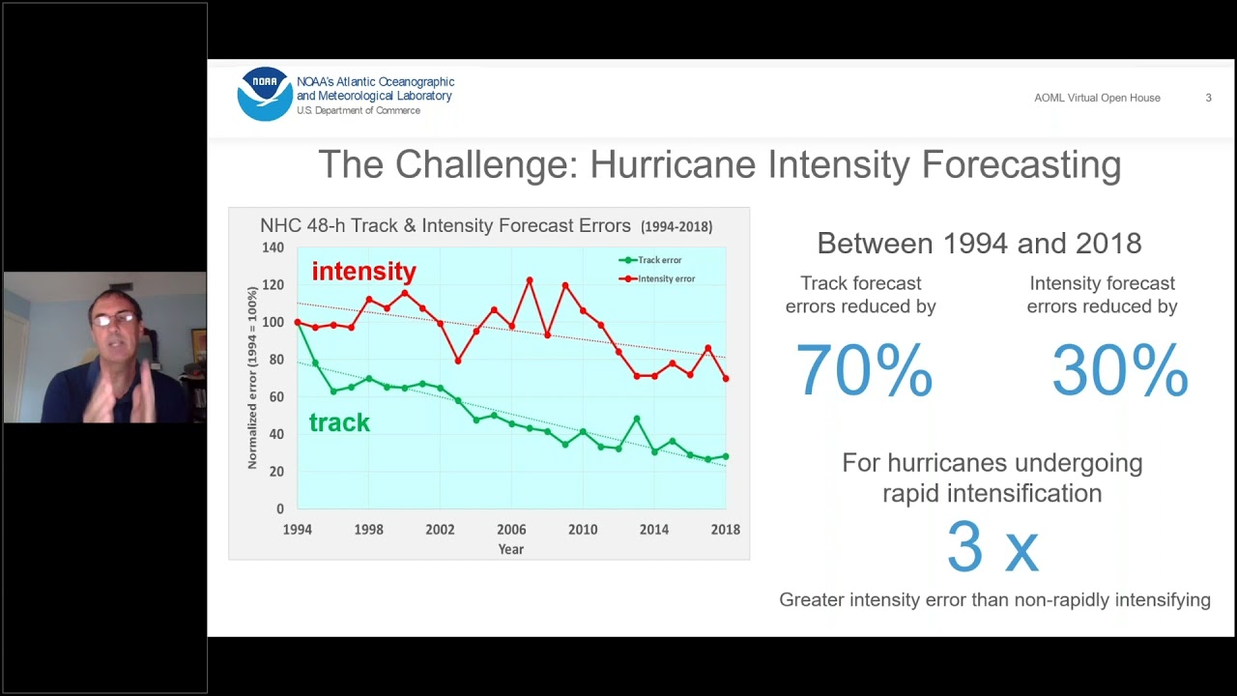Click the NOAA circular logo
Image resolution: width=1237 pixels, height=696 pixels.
(265, 94)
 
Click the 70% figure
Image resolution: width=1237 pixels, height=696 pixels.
(863, 370)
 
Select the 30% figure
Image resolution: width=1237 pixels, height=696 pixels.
(1119, 370)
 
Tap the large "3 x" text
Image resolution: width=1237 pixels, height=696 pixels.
(992, 547)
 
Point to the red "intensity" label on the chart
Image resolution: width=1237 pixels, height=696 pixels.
(363, 272)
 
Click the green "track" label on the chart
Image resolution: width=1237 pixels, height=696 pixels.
(339, 422)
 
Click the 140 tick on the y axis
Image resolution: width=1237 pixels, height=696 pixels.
(273, 247)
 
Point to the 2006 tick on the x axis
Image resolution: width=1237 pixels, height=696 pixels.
(511, 530)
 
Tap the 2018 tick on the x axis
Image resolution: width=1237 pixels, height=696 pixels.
(725, 530)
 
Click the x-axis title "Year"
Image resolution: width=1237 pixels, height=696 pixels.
(510, 549)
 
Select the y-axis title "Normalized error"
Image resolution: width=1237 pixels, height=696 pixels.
(252, 377)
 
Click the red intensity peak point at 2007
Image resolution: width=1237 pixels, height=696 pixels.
(530, 280)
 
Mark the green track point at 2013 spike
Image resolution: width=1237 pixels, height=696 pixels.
(637, 419)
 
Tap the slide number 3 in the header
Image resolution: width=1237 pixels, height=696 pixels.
(1208, 98)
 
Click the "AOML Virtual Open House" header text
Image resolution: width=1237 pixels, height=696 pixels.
(1097, 98)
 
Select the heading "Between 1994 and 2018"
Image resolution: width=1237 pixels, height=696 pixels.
(979, 244)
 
